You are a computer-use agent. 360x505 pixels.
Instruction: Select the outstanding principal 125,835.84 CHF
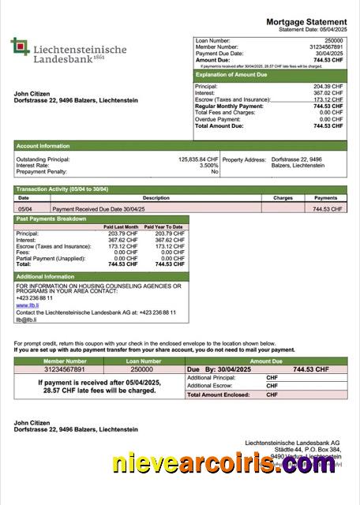(x=198, y=159)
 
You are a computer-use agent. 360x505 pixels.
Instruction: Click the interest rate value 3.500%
(x=208, y=165)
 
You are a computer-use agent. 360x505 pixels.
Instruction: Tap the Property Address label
(x=244, y=159)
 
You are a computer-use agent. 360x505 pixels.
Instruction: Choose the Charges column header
(x=283, y=198)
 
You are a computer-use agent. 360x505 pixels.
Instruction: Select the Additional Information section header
(x=46, y=277)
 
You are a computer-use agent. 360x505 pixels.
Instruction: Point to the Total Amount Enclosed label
(x=218, y=395)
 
